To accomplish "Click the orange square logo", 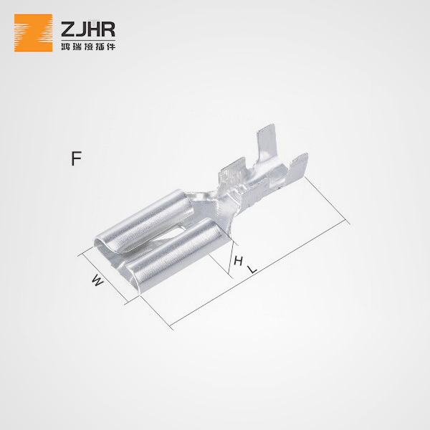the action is (x=33, y=33).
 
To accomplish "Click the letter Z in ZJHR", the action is (x=68, y=29).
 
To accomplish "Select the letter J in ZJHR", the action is (x=80, y=29).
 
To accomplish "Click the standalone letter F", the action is (x=77, y=158).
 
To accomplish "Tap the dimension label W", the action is (x=98, y=281).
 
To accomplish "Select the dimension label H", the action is (x=238, y=261).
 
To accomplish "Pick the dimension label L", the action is (x=252, y=269).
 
